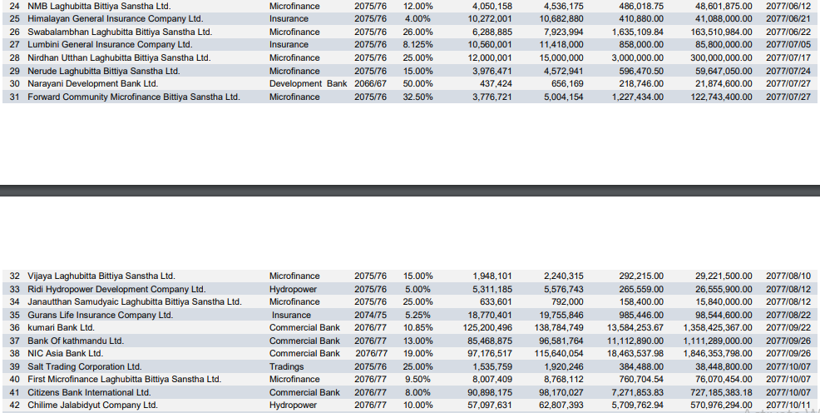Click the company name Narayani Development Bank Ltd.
[x=92, y=84]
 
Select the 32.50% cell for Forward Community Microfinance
[x=417, y=97]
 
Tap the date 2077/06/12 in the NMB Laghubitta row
[x=788, y=6]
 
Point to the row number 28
[x=13, y=58]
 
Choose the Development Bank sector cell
[x=308, y=84]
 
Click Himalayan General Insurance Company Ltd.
[x=115, y=18]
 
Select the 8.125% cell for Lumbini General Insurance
[x=418, y=45]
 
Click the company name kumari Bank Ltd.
[x=62, y=328]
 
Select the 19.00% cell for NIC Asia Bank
[x=417, y=354]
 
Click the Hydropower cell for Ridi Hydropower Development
[x=294, y=289]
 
